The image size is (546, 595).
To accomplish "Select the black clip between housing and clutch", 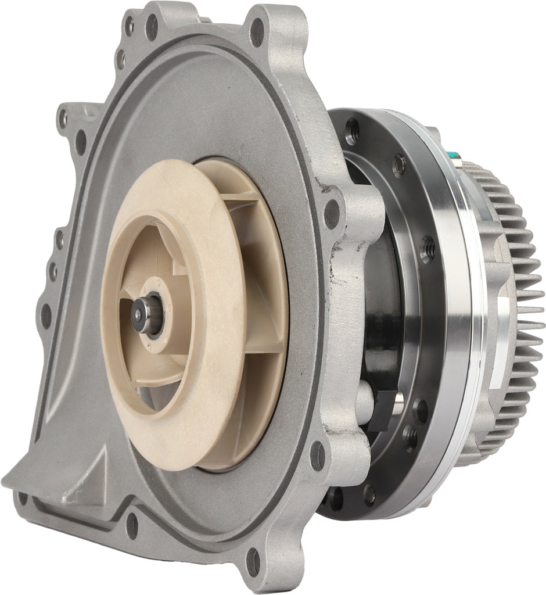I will [x=380, y=409].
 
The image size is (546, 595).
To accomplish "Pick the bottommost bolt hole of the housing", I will [x=254, y=562].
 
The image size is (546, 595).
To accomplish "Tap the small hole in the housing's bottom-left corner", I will [x=23, y=498].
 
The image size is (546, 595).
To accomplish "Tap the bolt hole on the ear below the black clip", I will [x=318, y=456].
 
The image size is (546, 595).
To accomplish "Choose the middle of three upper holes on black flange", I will [x=398, y=166].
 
